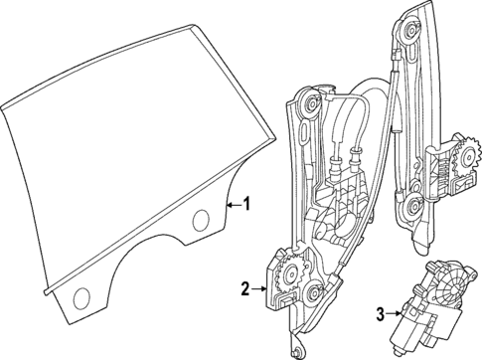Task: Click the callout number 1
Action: coord(248,205)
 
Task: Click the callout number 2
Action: coord(244,289)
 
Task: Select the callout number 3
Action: coord(380,316)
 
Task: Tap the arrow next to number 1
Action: coord(233,205)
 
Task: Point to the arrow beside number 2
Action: coord(261,289)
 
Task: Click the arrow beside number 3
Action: coord(395,316)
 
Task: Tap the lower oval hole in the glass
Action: coord(80,294)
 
